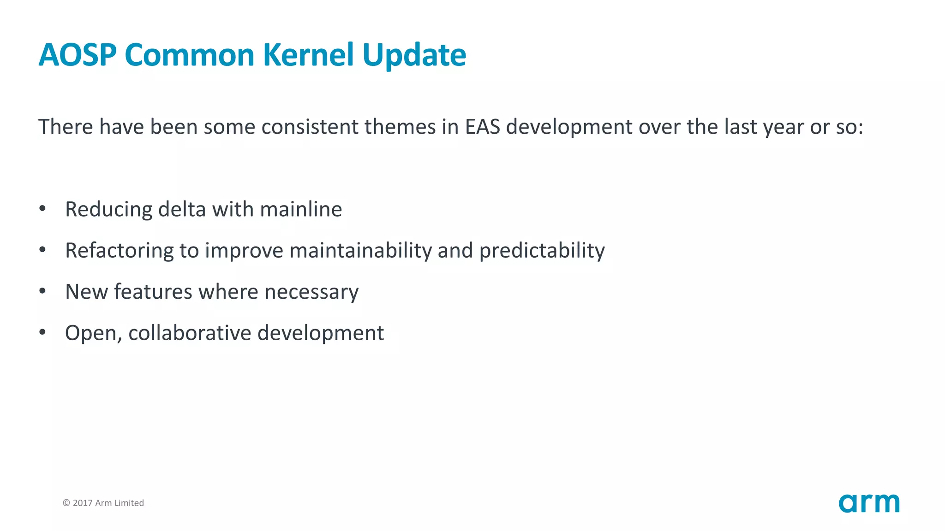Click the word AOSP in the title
pyautogui.click(x=77, y=55)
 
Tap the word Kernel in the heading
pyautogui.click(x=308, y=55)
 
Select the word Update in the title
pyautogui.click(x=414, y=56)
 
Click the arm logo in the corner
pyautogui.click(x=869, y=503)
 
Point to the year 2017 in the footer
pyautogui.click(x=83, y=503)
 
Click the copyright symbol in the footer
pyautogui.click(x=66, y=503)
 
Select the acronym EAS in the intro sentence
pyautogui.click(x=482, y=127)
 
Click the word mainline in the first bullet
pyautogui.click(x=301, y=209)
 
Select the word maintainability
pyautogui.click(x=360, y=251)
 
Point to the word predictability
pyautogui.click(x=542, y=251)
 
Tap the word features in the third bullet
pyautogui.click(x=153, y=292)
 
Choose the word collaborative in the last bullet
pyautogui.click(x=190, y=333)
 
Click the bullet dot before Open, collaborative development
pyautogui.click(x=42, y=332)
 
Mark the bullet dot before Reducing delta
pyautogui.click(x=42, y=208)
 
